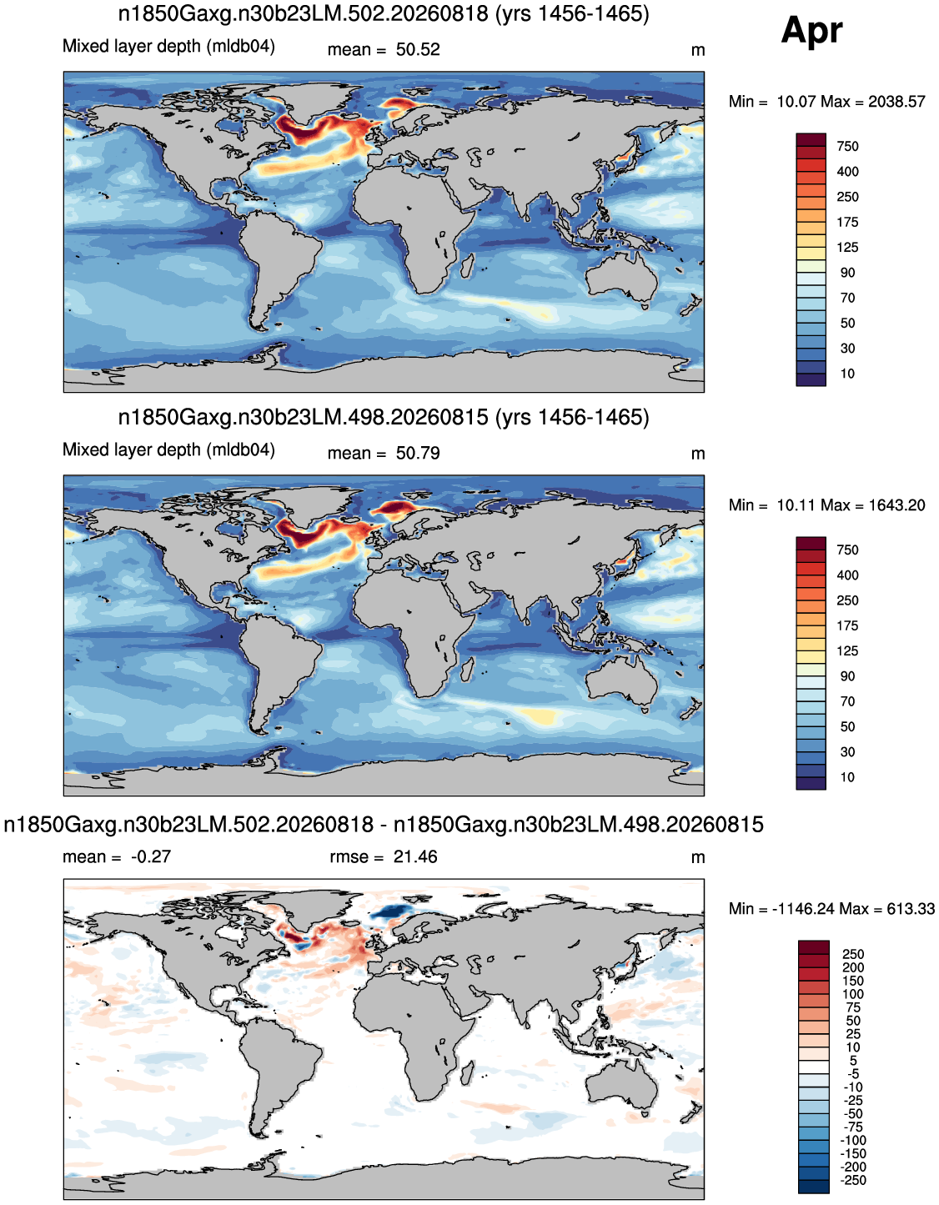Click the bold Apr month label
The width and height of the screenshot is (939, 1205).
tap(811, 31)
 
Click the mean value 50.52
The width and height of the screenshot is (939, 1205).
tap(418, 50)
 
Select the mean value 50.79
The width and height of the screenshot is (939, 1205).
tap(418, 454)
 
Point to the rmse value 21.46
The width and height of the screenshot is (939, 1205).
tap(415, 856)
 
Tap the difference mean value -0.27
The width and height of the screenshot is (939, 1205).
tap(151, 856)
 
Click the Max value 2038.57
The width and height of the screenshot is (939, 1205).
tap(896, 102)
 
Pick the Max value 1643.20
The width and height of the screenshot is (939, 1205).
tap(896, 505)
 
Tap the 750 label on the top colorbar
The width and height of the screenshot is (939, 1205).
tap(847, 147)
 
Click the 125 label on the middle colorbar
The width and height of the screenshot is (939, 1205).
tap(847, 651)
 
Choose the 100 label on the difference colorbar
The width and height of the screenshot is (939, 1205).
tap(853, 994)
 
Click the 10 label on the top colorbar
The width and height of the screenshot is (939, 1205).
tap(847, 374)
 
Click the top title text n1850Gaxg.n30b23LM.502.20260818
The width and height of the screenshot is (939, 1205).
tap(304, 14)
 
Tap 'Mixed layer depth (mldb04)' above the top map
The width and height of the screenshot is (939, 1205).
tap(168, 46)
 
